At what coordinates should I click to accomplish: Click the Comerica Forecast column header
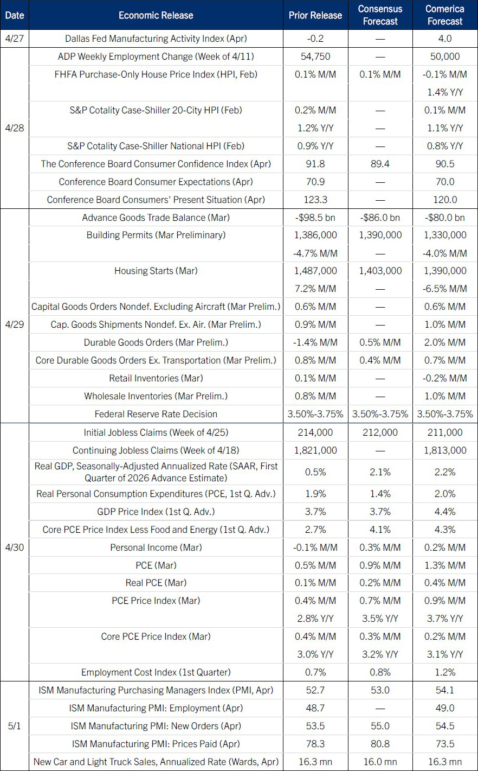tap(444, 15)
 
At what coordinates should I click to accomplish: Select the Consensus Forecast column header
tap(380, 15)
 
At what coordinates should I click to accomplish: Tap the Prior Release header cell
tap(315, 15)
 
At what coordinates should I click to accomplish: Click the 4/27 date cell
tap(15, 39)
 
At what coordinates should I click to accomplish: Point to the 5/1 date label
tap(15, 726)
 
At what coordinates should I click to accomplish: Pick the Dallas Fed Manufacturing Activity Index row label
tap(156, 39)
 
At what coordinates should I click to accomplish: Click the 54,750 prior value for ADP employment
tap(315, 56)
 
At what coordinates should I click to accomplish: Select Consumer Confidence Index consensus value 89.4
tap(380, 164)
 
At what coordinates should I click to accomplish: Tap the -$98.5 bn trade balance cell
tap(315, 218)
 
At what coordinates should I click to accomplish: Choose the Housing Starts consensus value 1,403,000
tap(380, 271)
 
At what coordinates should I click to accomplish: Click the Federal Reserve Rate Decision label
tap(156, 414)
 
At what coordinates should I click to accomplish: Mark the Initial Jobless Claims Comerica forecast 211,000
tap(444, 432)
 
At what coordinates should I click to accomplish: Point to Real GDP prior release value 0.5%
tap(315, 472)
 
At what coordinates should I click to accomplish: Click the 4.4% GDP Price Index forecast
tap(444, 512)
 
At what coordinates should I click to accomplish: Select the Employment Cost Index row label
tap(156, 672)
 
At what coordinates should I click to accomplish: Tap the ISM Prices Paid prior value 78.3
tap(315, 744)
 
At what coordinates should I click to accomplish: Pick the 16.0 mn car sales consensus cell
tap(380, 762)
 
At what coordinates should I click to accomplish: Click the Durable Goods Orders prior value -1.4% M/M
tap(315, 342)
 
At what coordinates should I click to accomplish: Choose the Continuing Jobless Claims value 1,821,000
tap(315, 450)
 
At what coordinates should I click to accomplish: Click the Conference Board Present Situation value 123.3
tap(315, 200)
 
